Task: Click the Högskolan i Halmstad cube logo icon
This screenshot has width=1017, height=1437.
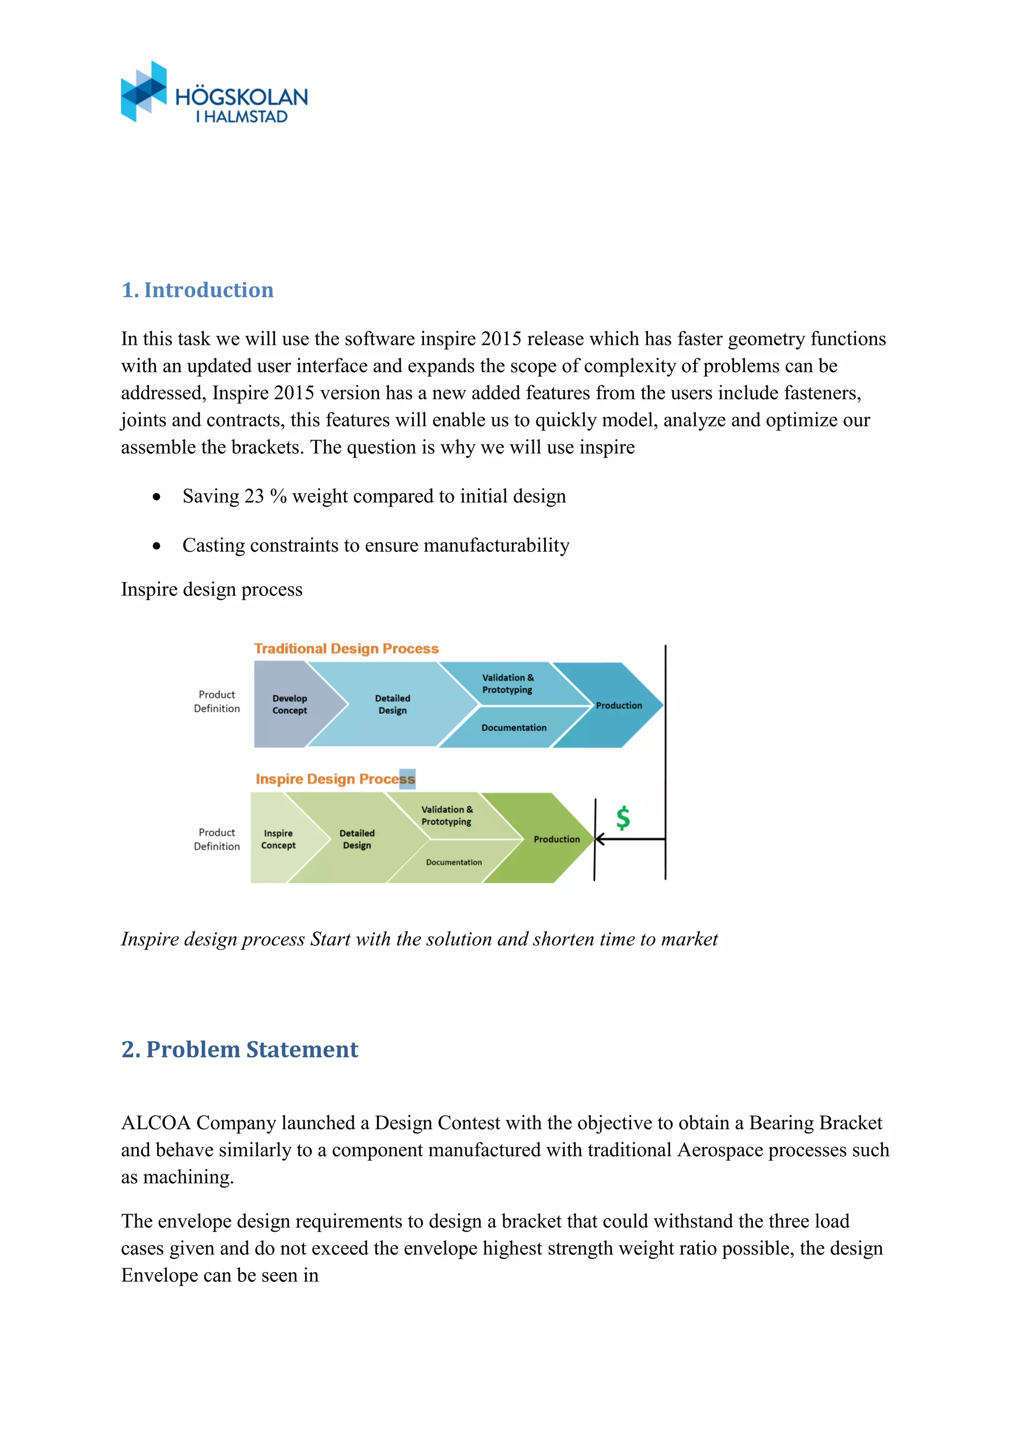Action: pos(144,91)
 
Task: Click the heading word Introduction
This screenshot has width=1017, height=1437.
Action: pos(209,290)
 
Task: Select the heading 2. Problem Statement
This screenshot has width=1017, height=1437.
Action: pos(239,1049)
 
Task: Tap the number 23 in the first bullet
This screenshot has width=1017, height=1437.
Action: pos(254,496)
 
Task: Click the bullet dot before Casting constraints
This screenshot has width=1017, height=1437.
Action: pos(156,546)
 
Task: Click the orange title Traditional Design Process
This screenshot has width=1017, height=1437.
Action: pos(346,649)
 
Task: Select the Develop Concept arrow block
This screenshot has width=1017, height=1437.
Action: pos(290,704)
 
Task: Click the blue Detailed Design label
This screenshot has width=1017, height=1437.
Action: pos(393,704)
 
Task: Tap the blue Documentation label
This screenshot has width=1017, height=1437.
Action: pos(513,727)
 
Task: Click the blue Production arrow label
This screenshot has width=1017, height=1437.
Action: pos(619,706)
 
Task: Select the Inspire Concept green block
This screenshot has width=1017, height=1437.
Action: pos(278,839)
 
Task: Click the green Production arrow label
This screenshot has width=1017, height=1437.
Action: pos(556,839)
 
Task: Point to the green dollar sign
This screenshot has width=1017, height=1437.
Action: pos(623,818)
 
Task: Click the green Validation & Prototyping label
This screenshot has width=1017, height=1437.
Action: pos(446,816)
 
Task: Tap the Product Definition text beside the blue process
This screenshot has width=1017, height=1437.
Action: pos(217,702)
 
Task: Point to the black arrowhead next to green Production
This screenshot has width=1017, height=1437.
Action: pos(599,839)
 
